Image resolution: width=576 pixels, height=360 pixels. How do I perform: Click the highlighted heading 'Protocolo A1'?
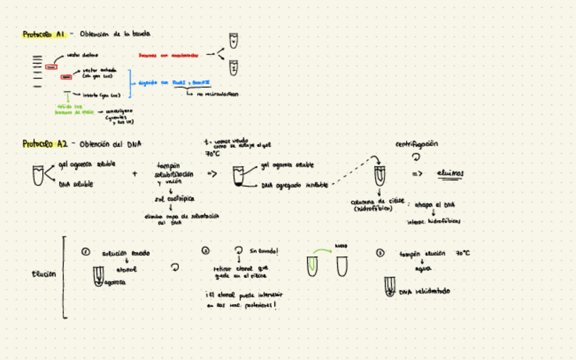tap(43, 34)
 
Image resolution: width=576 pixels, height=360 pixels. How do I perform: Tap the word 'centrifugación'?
tap(416, 144)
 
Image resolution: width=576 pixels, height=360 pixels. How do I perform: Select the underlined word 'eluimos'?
tap(450, 173)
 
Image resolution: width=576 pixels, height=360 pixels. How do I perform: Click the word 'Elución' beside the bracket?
tap(44, 274)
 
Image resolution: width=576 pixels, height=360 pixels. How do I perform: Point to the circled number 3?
tap(380, 253)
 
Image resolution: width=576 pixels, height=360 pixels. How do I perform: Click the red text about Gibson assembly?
tap(168, 55)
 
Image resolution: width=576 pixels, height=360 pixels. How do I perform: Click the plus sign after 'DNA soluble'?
tap(134, 174)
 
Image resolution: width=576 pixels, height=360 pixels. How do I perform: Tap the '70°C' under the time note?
tap(213, 154)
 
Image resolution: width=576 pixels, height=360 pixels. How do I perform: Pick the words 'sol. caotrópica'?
tap(175, 198)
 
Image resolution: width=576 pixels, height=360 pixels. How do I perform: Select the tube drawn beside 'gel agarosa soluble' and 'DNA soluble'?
tap(39, 175)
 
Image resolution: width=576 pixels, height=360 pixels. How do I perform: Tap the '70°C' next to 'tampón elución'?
tap(463, 253)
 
